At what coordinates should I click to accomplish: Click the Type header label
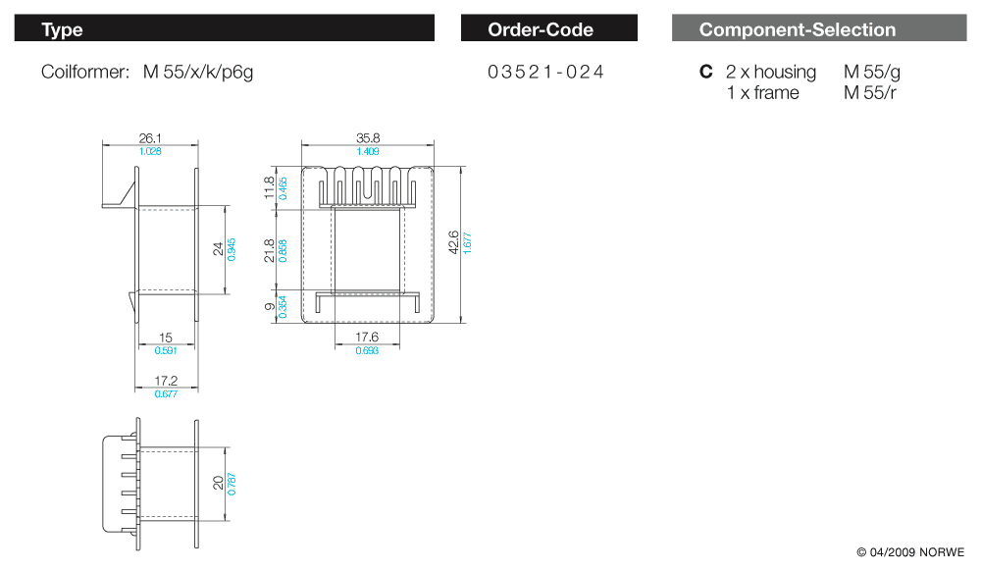[62, 29]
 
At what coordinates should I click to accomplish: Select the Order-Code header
[541, 29]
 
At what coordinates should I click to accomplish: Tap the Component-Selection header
[797, 29]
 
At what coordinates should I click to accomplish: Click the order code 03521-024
[545, 72]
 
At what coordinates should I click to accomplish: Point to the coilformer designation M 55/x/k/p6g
[198, 72]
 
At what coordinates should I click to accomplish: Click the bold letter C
[705, 72]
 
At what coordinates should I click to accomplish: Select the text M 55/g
[871, 72]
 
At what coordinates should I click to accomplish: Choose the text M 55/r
[869, 93]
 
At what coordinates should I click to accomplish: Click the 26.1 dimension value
[150, 139]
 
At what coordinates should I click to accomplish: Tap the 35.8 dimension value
[368, 139]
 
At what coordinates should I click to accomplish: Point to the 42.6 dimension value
[452, 242]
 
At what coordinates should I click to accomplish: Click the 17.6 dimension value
[368, 337]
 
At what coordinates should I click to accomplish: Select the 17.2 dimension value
[166, 381]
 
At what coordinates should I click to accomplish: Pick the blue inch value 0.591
[166, 350]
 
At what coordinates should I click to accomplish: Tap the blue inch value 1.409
[368, 151]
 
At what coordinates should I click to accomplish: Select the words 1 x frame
[762, 93]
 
